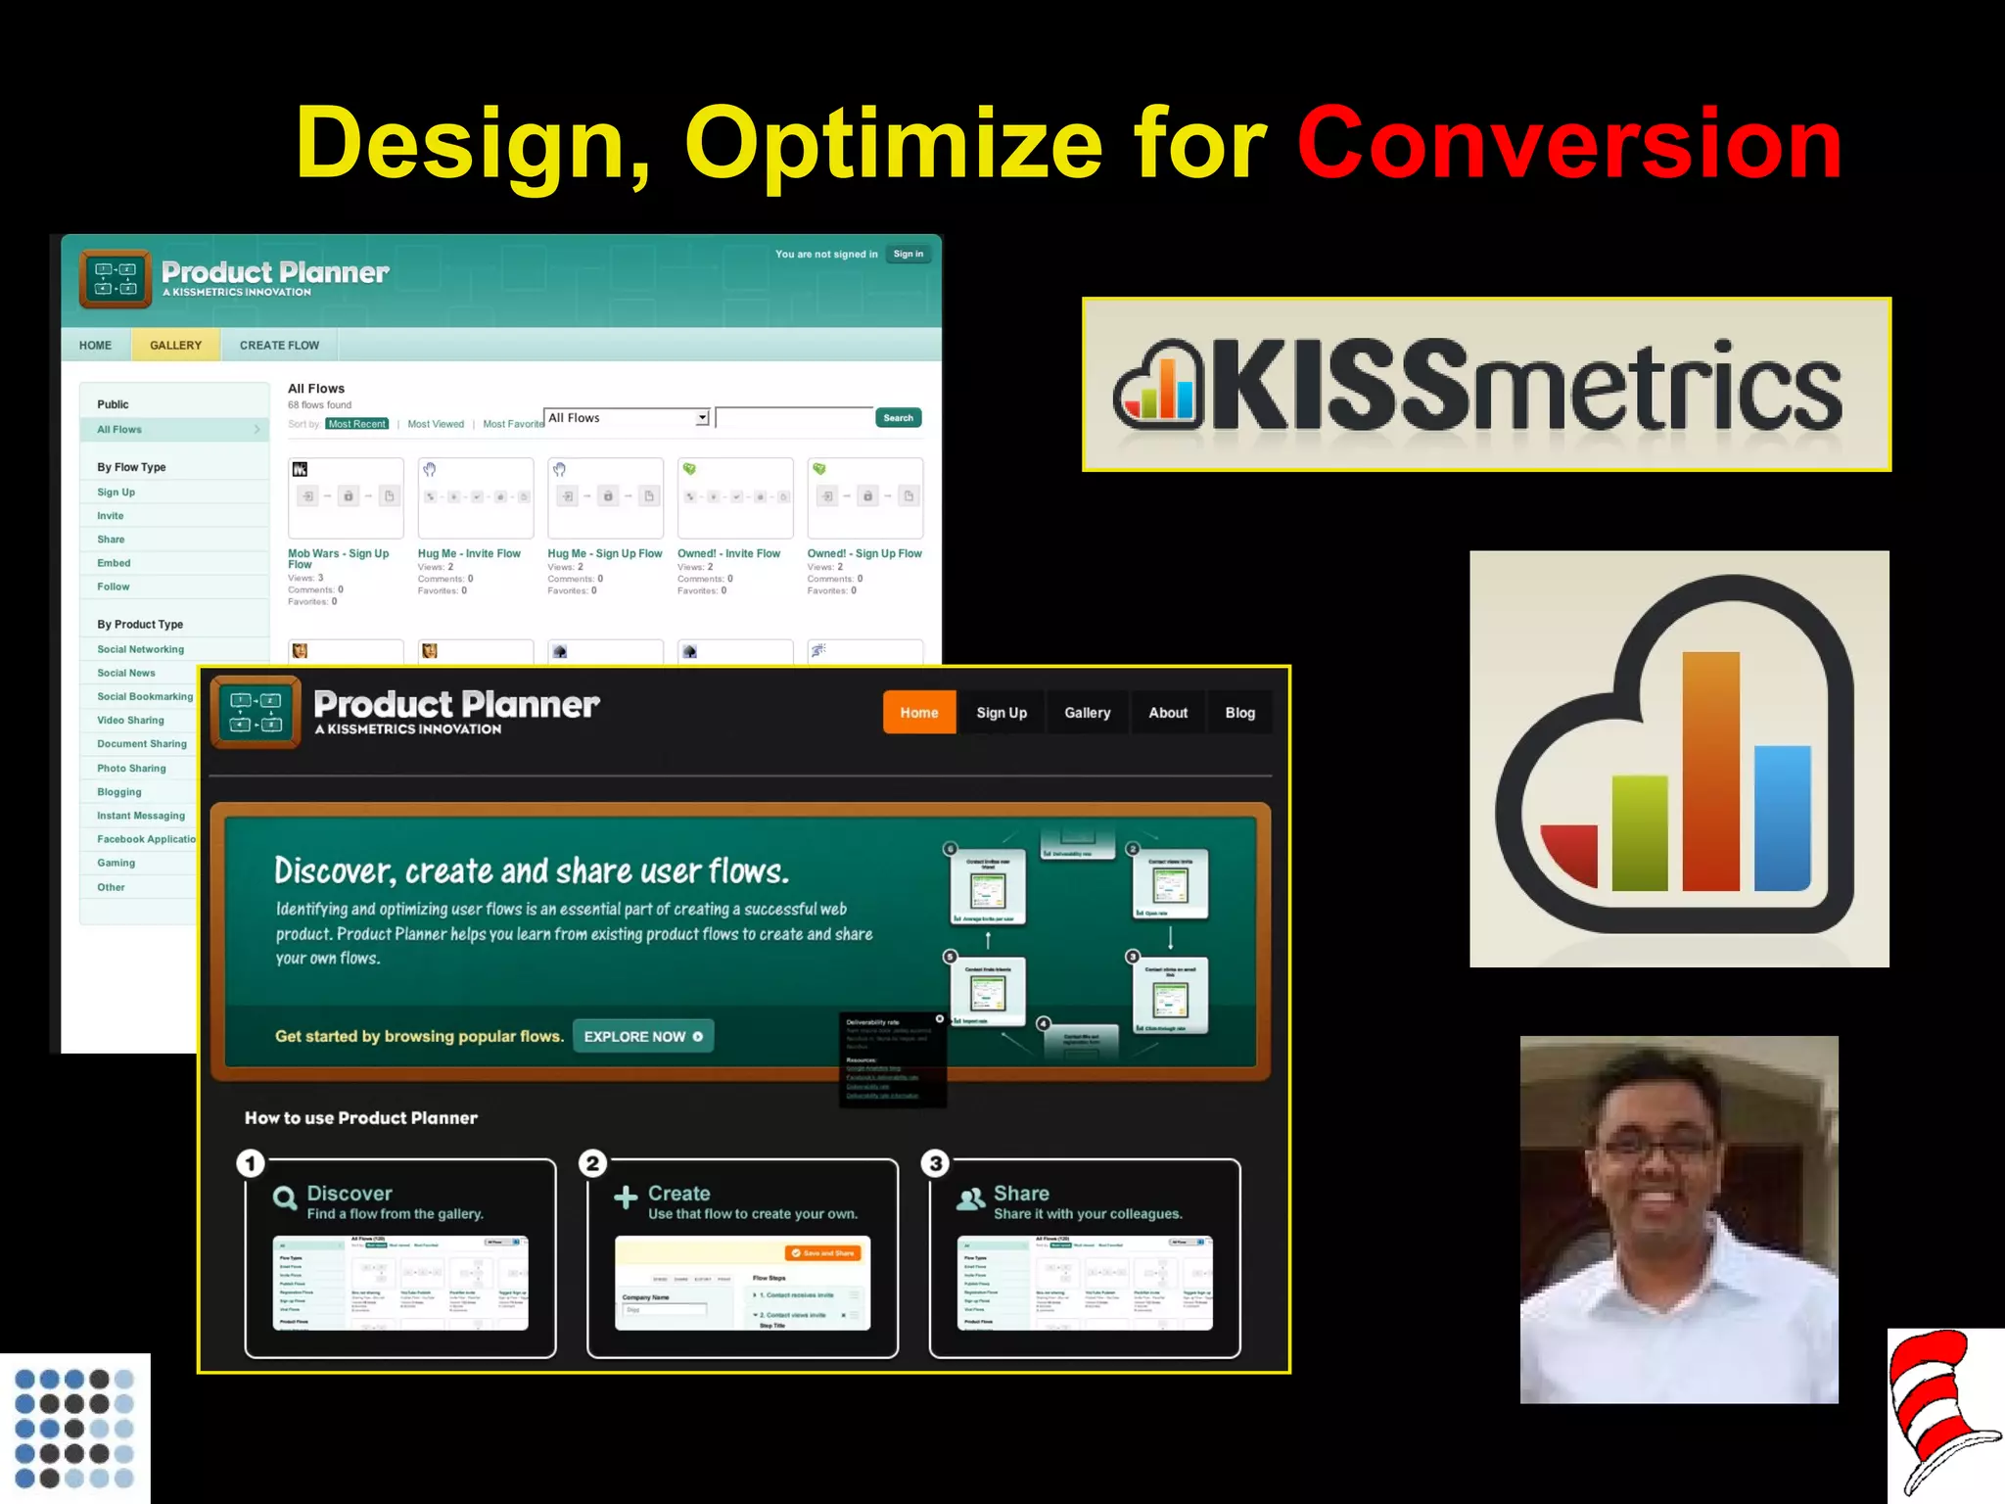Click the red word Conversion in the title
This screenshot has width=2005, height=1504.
coord(1569,145)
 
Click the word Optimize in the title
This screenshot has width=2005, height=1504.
coord(893,145)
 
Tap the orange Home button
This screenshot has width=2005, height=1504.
coord(918,713)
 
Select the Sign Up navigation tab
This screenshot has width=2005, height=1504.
coord(1001,713)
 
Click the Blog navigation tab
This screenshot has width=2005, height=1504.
coord(1239,713)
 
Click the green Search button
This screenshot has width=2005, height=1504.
coord(898,418)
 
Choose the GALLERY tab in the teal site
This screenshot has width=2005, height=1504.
coord(175,345)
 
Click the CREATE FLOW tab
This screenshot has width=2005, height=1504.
coord(279,345)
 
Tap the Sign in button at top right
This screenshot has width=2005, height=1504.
coord(908,255)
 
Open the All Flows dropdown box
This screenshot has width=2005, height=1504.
coord(627,418)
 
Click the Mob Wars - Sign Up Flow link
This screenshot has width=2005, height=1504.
coord(338,557)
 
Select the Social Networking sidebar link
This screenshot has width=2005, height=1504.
coord(140,649)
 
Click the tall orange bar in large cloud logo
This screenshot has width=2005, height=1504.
coord(1710,774)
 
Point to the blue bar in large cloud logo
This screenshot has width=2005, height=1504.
coord(1782,818)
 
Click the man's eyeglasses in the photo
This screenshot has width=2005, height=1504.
coord(1655,1147)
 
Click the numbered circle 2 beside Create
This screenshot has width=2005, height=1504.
coord(592,1163)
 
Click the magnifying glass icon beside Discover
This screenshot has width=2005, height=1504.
coord(285,1198)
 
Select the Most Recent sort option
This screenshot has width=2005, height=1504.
coord(356,424)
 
